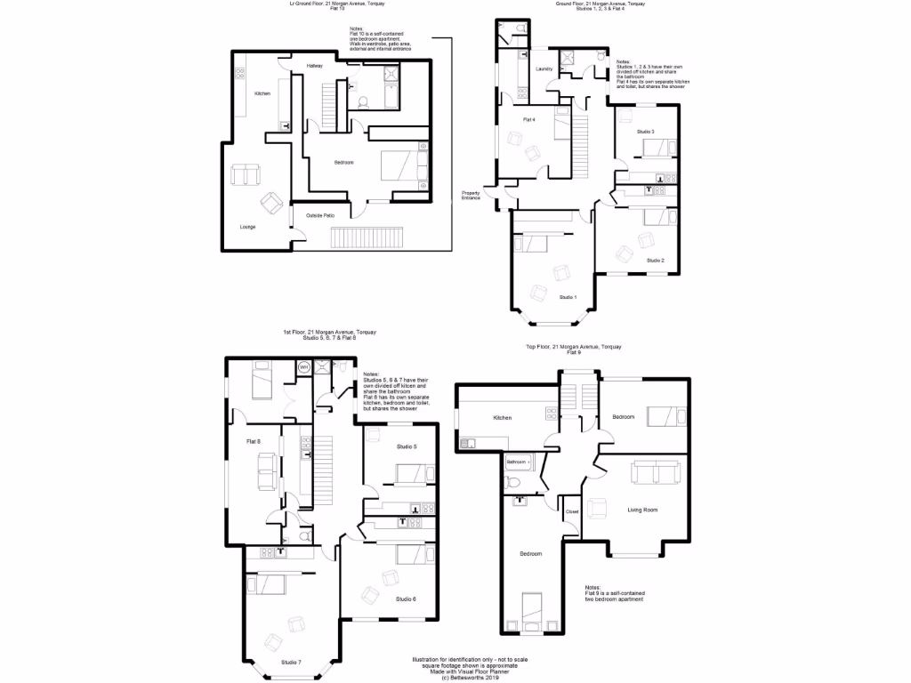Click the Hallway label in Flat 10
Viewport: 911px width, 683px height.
tap(315, 67)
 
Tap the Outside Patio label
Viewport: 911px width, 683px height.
tap(320, 216)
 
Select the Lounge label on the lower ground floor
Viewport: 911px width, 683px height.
tap(247, 227)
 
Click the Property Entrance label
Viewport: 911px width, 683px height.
tap(471, 196)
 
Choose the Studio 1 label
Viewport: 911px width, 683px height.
tap(568, 297)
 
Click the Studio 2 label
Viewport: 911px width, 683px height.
tap(656, 261)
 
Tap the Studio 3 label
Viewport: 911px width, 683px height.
tap(646, 132)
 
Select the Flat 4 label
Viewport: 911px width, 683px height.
tap(528, 119)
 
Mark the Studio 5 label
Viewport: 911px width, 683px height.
tap(407, 446)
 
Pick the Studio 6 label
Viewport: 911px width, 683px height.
tap(407, 599)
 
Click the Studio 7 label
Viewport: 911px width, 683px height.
tap(291, 663)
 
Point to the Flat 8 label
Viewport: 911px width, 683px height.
tap(254, 440)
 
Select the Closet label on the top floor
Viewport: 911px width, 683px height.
tap(572, 512)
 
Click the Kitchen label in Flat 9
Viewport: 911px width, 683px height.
tap(503, 417)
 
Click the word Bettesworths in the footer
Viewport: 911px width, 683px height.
tap(457, 678)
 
